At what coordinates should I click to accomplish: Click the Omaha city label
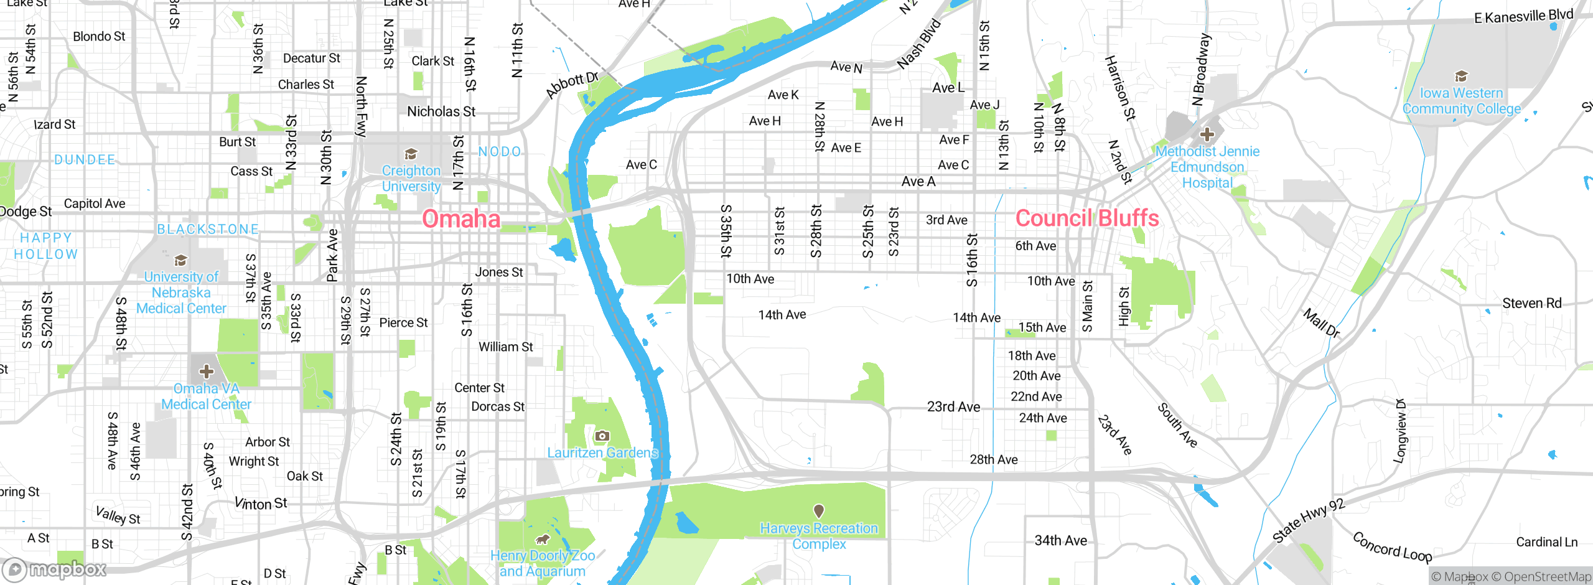(461, 219)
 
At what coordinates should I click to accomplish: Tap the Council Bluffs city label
(1087, 218)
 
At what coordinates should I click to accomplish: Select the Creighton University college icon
(411, 154)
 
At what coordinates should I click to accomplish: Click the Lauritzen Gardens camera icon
(602, 436)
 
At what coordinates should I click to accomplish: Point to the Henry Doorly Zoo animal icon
(543, 539)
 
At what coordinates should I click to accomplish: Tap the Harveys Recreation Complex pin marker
(819, 511)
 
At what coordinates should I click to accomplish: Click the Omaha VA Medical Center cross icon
(207, 372)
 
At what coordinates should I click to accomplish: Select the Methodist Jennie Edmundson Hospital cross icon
(1207, 134)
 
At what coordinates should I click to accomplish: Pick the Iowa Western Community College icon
(1461, 77)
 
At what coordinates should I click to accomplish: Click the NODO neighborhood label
(500, 152)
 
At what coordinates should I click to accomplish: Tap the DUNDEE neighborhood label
(85, 160)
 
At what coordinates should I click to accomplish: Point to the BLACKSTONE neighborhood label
(208, 230)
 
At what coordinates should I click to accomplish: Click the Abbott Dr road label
(572, 85)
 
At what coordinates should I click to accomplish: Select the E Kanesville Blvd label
(1523, 16)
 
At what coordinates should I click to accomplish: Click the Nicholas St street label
(441, 112)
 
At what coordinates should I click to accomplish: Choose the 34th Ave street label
(1060, 541)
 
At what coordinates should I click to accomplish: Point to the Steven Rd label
(1532, 304)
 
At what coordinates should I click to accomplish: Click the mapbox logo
(55, 569)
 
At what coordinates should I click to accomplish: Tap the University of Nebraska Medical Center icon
(180, 260)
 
